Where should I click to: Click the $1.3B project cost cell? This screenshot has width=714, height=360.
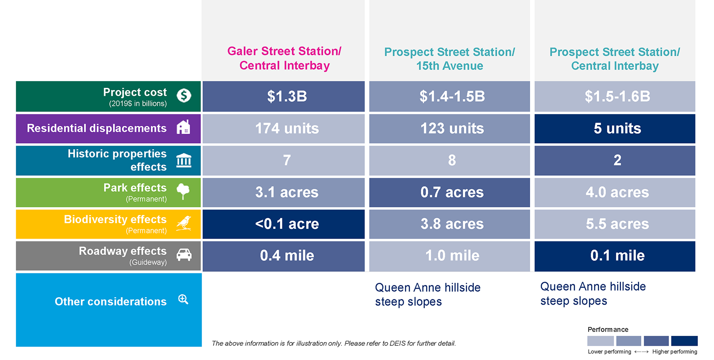pyautogui.click(x=283, y=96)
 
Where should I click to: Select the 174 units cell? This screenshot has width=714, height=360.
pyautogui.click(x=283, y=129)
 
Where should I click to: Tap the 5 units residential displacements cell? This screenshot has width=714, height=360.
pyautogui.click(x=614, y=129)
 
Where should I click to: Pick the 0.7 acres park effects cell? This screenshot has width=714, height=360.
pyautogui.click(x=449, y=192)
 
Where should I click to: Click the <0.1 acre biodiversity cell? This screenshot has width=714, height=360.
pyautogui.click(x=283, y=224)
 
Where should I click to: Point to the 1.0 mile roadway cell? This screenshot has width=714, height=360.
pyautogui.click(x=449, y=256)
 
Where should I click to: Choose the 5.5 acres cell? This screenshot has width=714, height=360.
pyautogui.click(x=614, y=224)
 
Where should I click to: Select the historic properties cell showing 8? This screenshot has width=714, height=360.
pyautogui.click(x=449, y=161)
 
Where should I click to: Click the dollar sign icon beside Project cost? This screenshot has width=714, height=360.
pyautogui.click(x=184, y=95)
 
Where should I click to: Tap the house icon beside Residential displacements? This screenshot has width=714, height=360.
pyautogui.click(x=183, y=127)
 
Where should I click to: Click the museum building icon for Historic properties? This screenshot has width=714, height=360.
pyautogui.click(x=184, y=160)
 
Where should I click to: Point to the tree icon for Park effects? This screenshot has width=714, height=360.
pyautogui.click(x=183, y=191)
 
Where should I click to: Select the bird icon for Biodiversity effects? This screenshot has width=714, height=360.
pyautogui.click(x=184, y=223)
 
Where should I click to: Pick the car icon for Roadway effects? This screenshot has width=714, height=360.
pyautogui.click(x=184, y=255)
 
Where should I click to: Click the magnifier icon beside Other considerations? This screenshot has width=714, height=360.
pyautogui.click(x=183, y=299)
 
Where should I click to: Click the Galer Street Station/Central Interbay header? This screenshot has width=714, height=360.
pyautogui.click(x=284, y=58)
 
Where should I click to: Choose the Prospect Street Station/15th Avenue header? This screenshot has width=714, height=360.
pyautogui.click(x=449, y=59)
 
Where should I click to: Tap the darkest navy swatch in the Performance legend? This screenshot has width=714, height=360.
pyautogui.click(x=685, y=340)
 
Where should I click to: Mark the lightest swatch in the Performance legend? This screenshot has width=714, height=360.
pyautogui.click(x=601, y=340)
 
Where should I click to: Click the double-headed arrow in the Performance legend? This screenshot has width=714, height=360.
pyautogui.click(x=642, y=352)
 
